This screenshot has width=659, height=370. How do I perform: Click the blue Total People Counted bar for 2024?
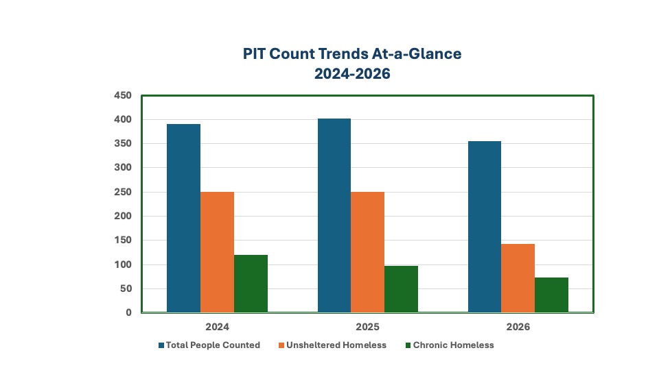(184, 218)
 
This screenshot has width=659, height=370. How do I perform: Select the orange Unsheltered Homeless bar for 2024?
(218, 252)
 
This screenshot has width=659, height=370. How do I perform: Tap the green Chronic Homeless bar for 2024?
(251, 284)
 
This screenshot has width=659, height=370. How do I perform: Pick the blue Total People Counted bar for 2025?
(334, 216)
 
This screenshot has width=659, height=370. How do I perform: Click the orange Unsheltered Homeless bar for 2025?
(368, 252)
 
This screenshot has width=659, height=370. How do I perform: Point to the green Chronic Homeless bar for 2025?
(402, 289)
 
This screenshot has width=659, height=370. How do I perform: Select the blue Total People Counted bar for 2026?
(485, 227)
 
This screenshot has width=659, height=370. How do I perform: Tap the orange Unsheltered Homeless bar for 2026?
(518, 278)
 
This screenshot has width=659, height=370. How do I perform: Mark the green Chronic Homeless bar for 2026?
(552, 295)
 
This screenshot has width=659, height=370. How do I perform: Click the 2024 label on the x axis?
(218, 327)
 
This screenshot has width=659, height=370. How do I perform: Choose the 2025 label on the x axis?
(368, 327)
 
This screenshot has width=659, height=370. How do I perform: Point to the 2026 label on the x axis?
(518, 327)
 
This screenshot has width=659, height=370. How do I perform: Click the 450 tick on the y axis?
(123, 96)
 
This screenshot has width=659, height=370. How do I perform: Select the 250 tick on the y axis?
(123, 192)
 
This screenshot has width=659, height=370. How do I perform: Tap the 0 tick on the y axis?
(128, 312)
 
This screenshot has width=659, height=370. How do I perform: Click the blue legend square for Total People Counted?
(161, 345)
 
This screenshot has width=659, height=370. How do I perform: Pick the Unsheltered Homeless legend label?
(336, 345)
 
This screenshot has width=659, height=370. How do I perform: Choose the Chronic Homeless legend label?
(454, 345)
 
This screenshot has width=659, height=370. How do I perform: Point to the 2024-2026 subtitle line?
(352, 74)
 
